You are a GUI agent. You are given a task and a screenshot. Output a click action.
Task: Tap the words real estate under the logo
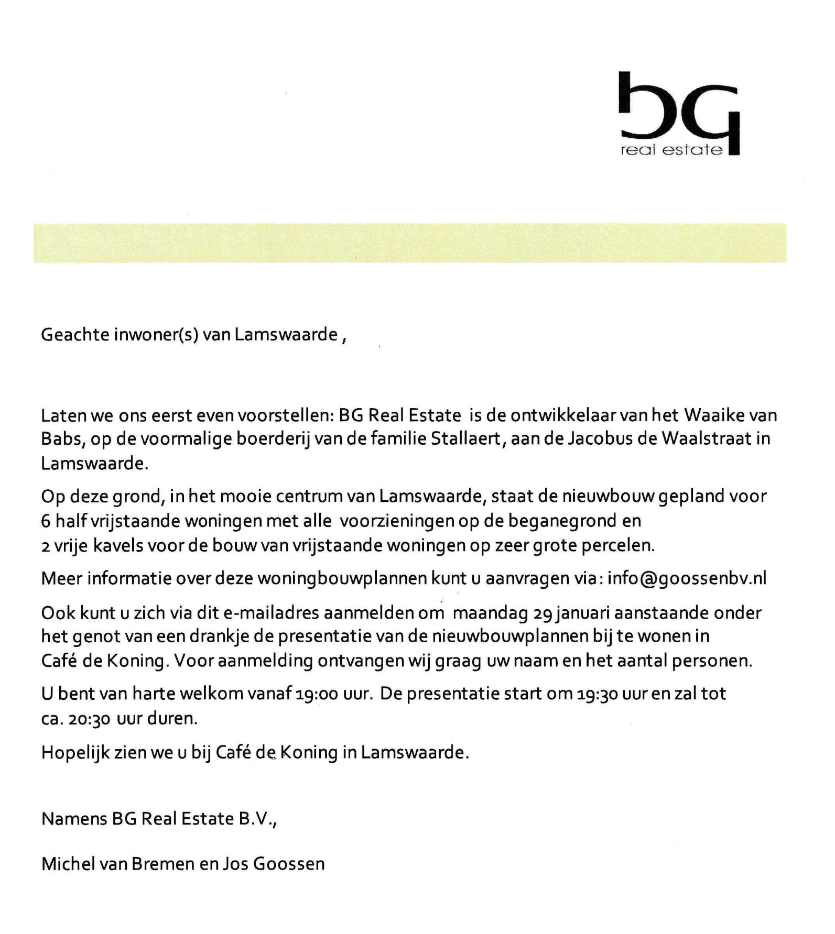pyautogui.click(x=671, y=150)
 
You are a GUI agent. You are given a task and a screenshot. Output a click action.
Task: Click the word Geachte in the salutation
pyautogui.click(x=74, y=335)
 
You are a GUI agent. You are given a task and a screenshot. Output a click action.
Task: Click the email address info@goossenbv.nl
pyautogui.click(x=687, y=578)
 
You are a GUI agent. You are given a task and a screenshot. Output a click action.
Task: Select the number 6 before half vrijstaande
pyautogui.click(x=46, y=521)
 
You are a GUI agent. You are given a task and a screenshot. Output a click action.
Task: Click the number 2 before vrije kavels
pyautogui.click(x=46, y=546)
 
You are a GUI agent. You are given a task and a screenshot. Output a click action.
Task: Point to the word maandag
pyautogui.click(x=490, y=612)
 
